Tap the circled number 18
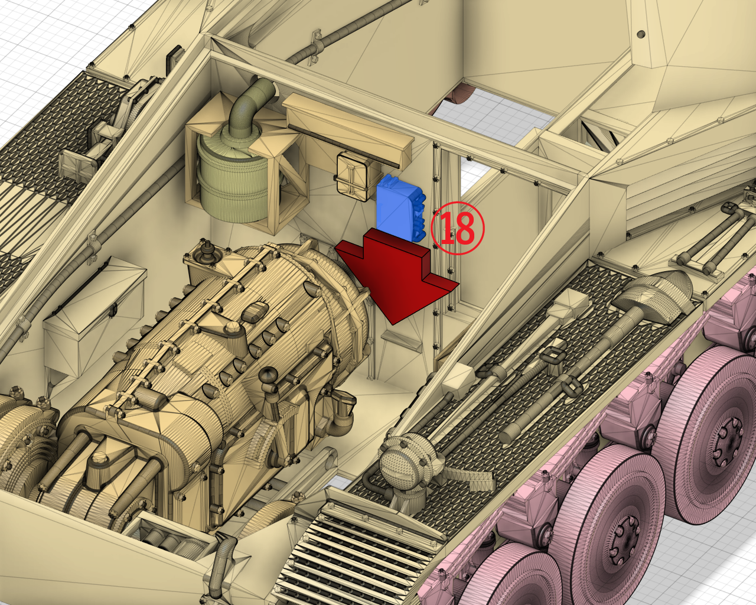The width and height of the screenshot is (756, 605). pos(457,228)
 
